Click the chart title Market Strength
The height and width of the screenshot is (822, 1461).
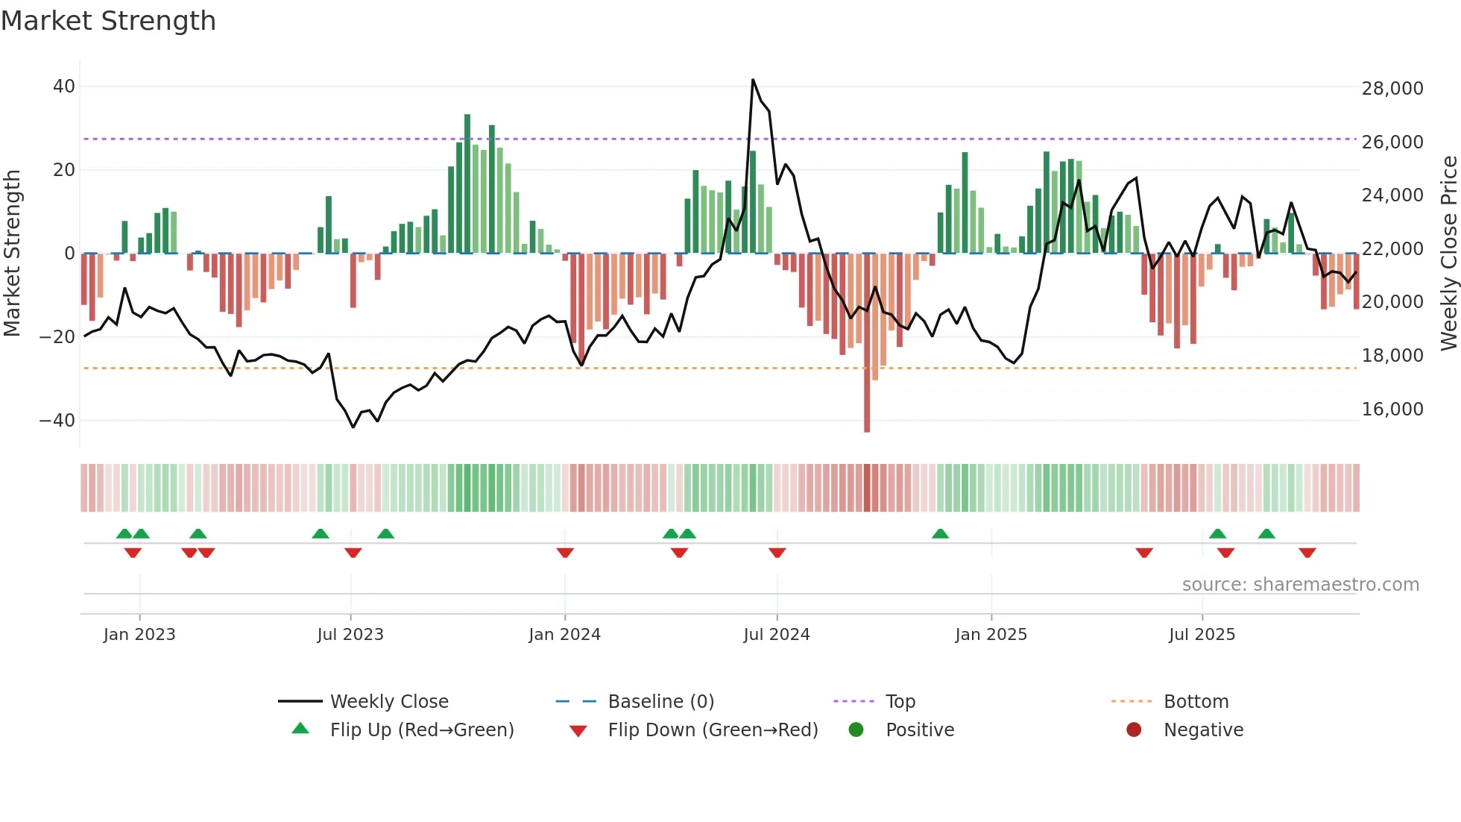[108, 21]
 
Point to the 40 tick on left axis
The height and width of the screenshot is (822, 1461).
[64, 87]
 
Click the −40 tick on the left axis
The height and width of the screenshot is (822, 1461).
[57, 421]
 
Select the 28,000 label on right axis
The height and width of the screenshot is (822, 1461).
[1392, 89]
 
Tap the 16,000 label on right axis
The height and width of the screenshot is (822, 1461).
[1392, 410]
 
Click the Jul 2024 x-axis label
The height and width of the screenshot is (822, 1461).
[776, 635]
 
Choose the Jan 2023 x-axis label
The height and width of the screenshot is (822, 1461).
[139, 635]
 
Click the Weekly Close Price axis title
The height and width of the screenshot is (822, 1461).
[1448, 254]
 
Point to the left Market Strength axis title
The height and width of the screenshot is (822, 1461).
[12, 254]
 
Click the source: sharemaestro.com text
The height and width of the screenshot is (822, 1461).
[1300, 585]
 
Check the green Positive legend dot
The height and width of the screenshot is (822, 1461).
[856, 730]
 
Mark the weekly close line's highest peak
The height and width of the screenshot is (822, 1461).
[753, 80]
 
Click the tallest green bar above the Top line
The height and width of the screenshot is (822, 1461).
[467, 119]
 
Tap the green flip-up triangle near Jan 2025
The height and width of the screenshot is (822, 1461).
[940, 533]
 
